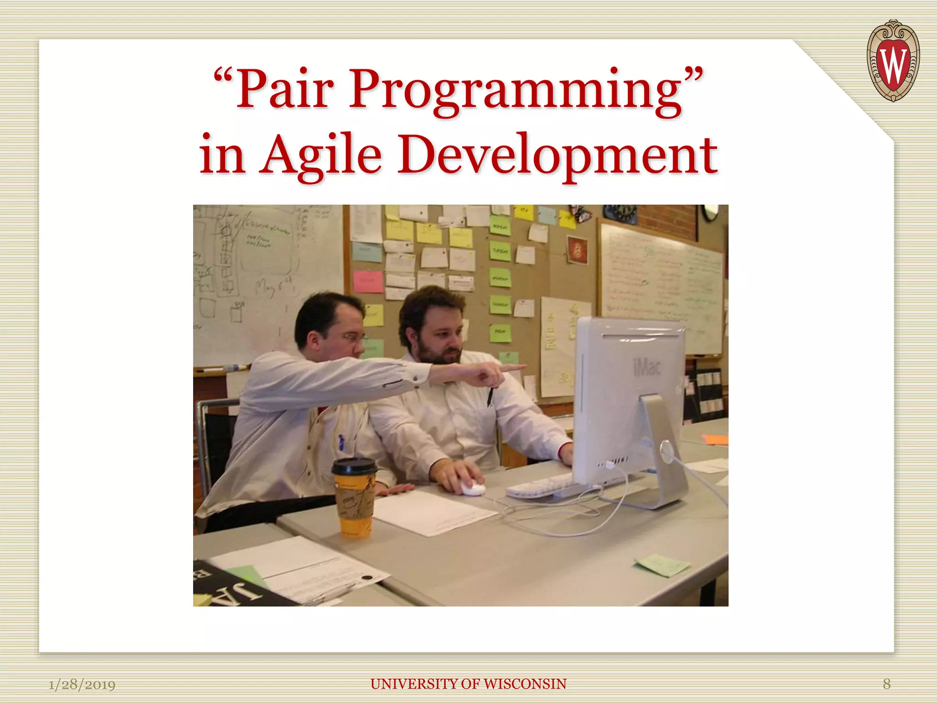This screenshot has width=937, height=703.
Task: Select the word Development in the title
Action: point(557,156)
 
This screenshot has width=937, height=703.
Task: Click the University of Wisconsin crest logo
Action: point(893,60)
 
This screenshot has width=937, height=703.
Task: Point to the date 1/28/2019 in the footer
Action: point(82,685)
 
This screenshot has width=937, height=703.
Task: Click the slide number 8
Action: point(886,684)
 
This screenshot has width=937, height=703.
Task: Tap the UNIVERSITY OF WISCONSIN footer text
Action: point(468,684)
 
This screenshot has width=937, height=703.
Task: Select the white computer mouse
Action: point(473,488)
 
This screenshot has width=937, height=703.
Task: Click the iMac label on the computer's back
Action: point(647,367)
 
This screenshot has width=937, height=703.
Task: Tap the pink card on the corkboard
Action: point(368,281)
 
